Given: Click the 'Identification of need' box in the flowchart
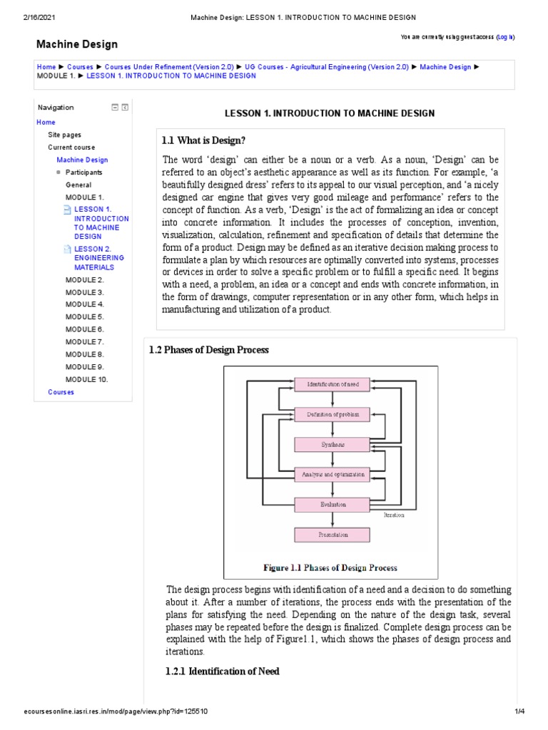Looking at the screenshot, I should coord(332,384).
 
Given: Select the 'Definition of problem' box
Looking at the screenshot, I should coord(332,414).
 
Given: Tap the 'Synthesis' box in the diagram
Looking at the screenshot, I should coord(332,444).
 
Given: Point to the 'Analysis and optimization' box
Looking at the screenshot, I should coord(332,474).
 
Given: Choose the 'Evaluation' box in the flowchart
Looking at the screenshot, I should coord(332,504).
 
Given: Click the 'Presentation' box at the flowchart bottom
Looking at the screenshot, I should coord(332,534).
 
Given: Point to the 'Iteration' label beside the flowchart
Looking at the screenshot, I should coord(393,514).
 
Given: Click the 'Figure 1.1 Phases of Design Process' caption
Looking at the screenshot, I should coord(330,568).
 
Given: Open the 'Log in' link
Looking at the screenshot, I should coord(505,36).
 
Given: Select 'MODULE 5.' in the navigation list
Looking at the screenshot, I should coord(84,317).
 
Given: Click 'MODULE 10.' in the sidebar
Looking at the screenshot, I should coord(86,379).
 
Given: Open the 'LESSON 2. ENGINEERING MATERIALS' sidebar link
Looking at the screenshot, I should coord(98,258).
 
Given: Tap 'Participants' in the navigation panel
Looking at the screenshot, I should coord(83,173).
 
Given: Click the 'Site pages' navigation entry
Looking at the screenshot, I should coord(64,135).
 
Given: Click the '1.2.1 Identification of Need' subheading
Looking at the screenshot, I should coord(223,672).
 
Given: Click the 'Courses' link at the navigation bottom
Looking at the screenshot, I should coord(61,392).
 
